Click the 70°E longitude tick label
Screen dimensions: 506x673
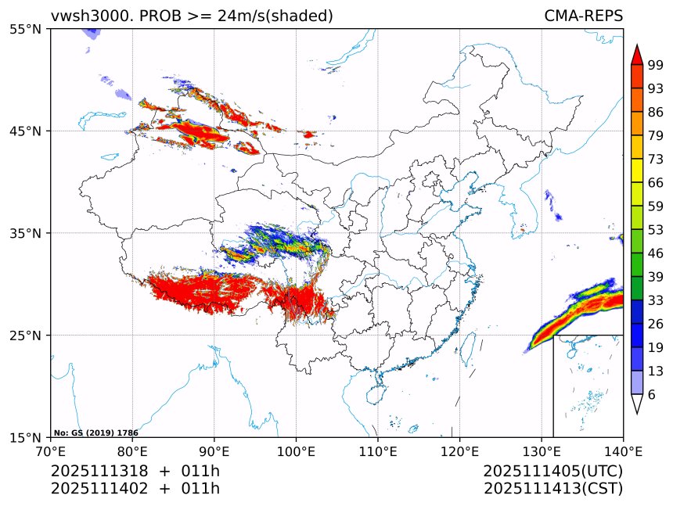pyautogui.click(x=51, y=450)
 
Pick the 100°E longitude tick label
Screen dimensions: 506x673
pyautogui.click(x=296, y=450)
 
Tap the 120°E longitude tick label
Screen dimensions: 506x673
pyautogui.click(x=459, y=450)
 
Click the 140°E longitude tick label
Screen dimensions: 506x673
pyautogui.click(x=623, y=450)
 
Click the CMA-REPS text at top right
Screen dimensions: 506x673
pyautogui.click(x=584, y=16)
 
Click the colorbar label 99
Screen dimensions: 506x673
pyautogui.click(x=656, y=65)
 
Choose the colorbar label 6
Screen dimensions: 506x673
pyautogui.click(x=652, y=395)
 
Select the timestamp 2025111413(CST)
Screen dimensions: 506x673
pyautogui.click(x=552, y=489)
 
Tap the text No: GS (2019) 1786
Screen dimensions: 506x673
pyautogui.click(x=96, y=432)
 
